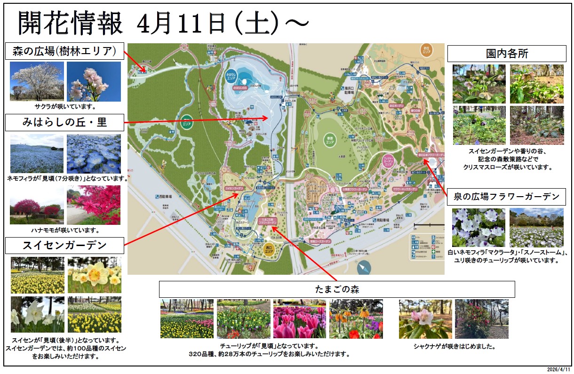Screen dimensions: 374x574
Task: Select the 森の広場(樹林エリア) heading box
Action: point(65,51)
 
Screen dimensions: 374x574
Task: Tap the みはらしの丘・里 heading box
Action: point(65,122)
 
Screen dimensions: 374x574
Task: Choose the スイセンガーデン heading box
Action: point(65,246)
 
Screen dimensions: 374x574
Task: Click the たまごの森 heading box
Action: point(336,289)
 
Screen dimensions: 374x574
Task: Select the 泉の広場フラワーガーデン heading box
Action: point(506,197)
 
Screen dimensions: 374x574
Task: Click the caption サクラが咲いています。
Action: point(65,106)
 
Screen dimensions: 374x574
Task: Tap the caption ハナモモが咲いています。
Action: point(65,230)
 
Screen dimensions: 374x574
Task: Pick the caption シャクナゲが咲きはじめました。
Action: point(454,347)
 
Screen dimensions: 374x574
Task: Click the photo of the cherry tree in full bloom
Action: point(37,81)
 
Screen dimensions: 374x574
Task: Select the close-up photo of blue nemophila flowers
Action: point(94,153)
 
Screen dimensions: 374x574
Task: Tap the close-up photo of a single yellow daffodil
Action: point(94,275)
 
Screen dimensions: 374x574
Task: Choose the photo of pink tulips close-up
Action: point(299,318)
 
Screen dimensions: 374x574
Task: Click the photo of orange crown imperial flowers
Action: point(356,318)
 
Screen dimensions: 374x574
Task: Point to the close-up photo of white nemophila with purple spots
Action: point(478,228)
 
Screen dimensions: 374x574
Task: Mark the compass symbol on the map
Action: point(364,267)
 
